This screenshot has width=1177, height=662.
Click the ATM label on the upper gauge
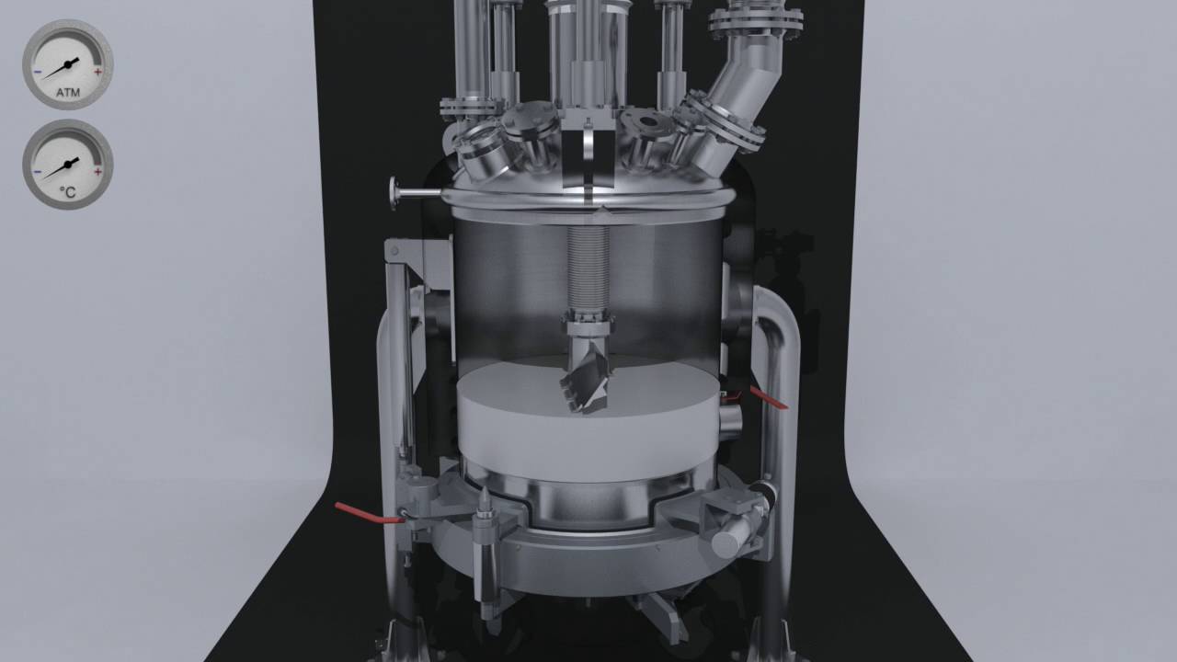(x=67, y=93)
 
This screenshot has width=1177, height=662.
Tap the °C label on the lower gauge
(x=67, y=192)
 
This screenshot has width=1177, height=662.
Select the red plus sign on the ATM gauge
(x=98, y=71)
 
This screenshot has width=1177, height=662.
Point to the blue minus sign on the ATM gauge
(x=37, y=71)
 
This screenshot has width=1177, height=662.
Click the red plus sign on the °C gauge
(x=98, y=171)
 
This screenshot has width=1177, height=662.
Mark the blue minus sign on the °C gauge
(x=37, y=171)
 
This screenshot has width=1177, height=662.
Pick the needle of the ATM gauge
(x=61, y=68)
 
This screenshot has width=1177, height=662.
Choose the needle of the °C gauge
(x=61, y=168)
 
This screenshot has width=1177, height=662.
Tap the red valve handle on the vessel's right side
(x=768, y=397)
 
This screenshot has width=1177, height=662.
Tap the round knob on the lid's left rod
(x=395, y=193)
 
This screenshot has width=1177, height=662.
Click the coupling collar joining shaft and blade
(x=585, y=321)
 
